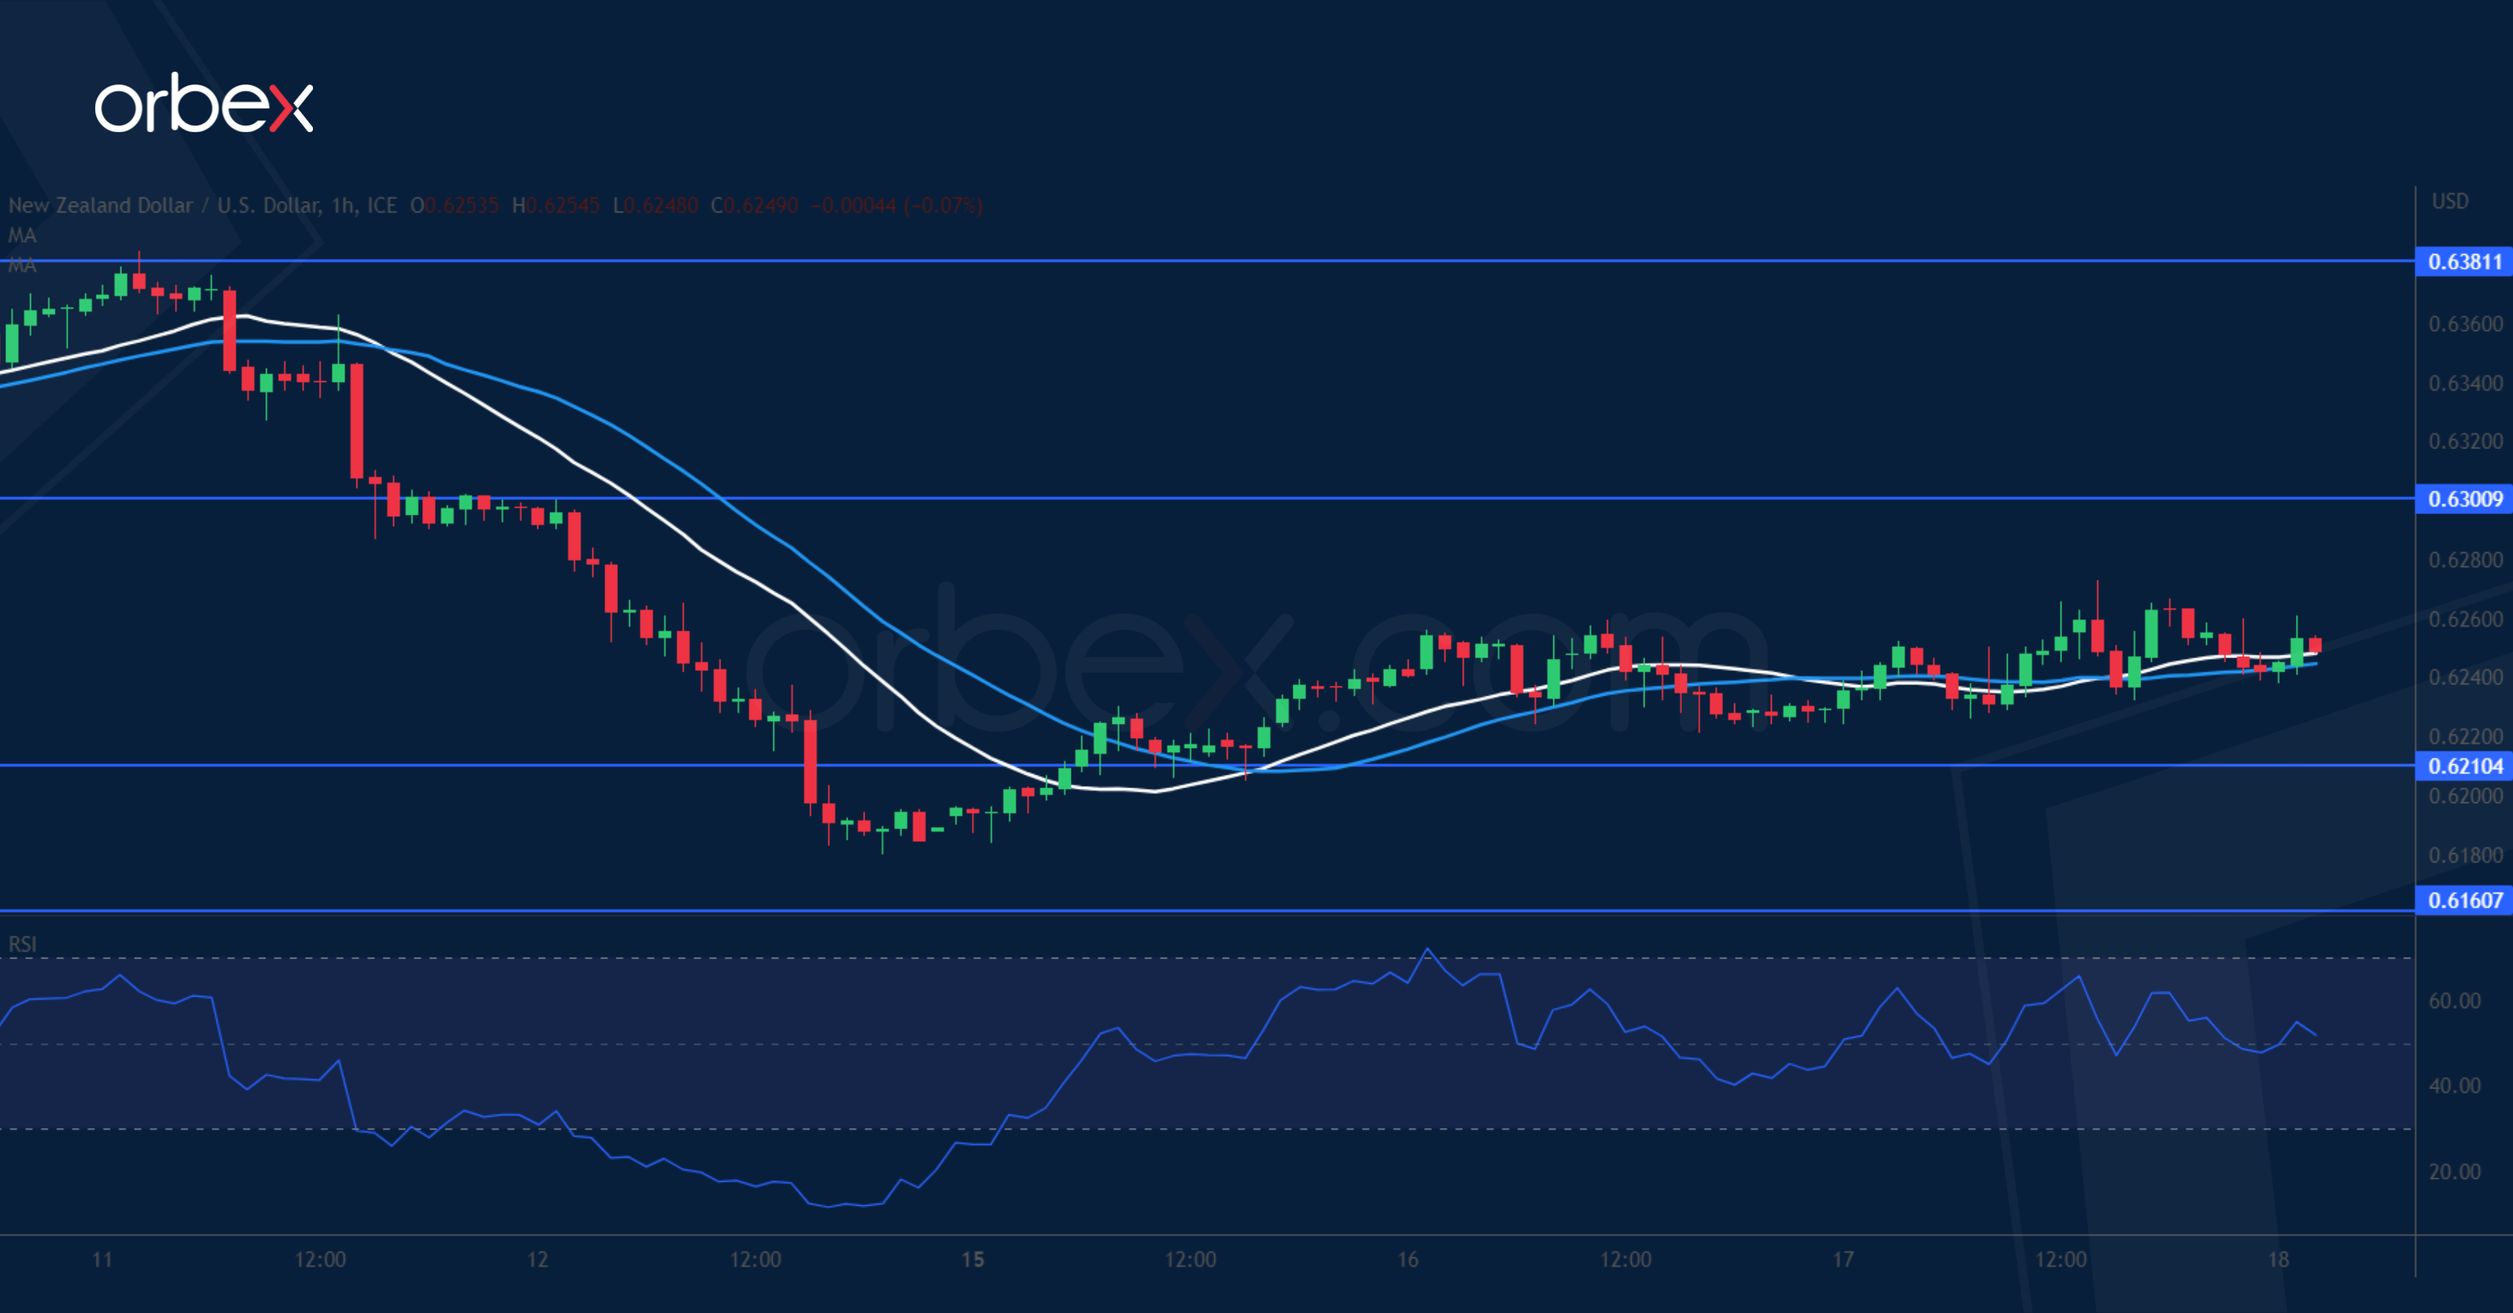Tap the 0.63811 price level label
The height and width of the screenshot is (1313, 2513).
pos(2464,261)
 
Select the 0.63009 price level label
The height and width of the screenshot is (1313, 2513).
pos(2464,499)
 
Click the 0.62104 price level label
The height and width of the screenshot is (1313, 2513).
pos(2464,766)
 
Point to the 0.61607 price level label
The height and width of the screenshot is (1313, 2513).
pos(2464,900)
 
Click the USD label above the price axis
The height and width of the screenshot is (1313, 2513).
pos(2449,201)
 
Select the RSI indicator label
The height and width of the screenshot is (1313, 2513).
pos(22,944)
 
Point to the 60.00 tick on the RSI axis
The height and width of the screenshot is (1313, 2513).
pos(2455,1001)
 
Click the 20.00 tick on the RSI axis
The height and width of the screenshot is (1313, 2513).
pos(2455,1172)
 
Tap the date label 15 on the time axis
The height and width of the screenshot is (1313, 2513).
pos(972,1259)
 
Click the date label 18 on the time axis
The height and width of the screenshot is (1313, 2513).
pos(2277,1259)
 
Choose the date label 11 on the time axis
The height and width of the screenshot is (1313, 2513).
pos(103,1259)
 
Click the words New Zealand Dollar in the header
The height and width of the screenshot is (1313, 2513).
pos(101,206)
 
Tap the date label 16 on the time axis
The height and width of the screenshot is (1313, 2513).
pos(1408,1259)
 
